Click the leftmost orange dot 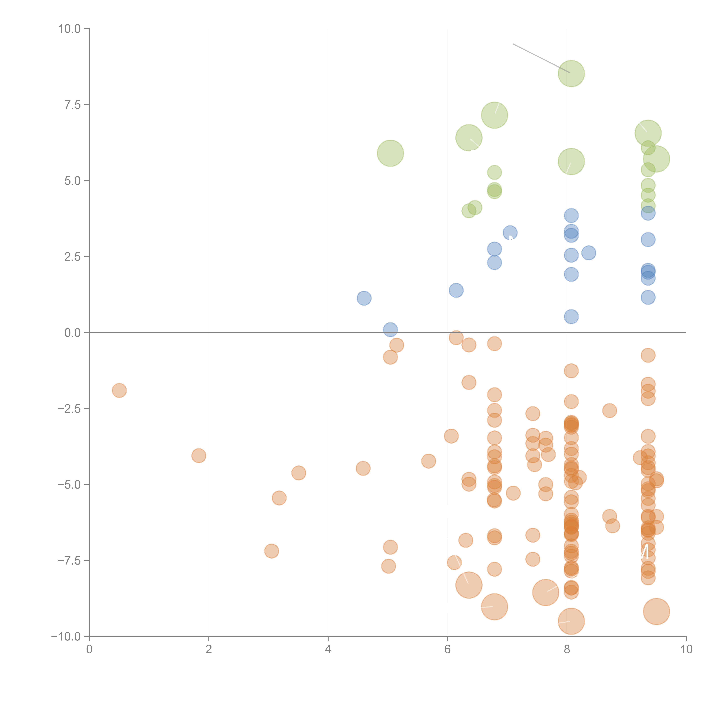[119, 390]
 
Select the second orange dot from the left [199, 456]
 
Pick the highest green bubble [571, 73]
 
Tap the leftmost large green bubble [390, 153]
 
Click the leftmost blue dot [364, 298]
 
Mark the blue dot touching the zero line [390, 329]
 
